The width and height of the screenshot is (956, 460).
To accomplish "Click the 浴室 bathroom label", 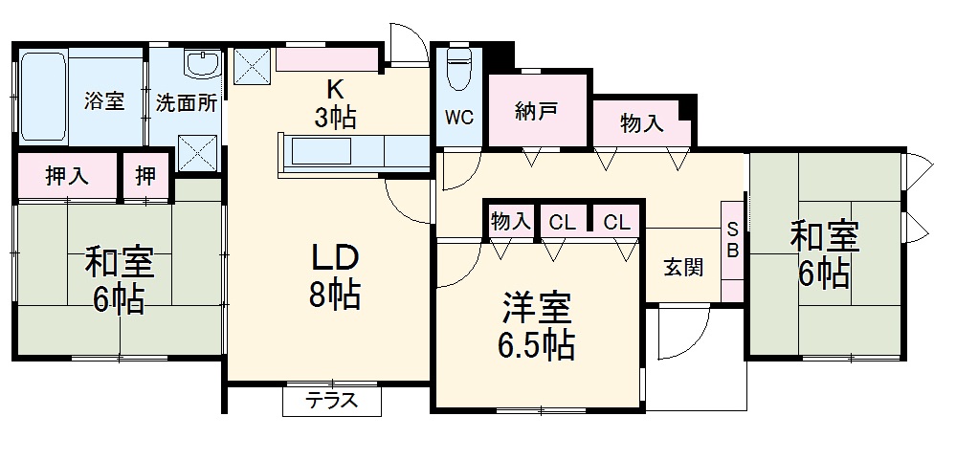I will [x=104, y=100].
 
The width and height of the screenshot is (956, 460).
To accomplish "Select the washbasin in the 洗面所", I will [x=202, y=65].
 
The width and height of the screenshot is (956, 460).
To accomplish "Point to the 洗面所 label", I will [x=187, y=101].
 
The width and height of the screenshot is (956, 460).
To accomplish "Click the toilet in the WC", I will [x=458, y=67].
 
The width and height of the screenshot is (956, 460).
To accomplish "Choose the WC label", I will [x=458, y=120].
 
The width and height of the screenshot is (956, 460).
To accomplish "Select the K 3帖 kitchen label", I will [x=335, y=104].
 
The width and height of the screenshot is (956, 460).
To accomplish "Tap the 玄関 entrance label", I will [x=683, y=267].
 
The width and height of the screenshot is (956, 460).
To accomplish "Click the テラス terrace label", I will [x=331, y=401].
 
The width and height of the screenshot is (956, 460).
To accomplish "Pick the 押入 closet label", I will [x=67, y=176].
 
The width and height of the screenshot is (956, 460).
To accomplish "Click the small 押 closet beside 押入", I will [x=145, y=176].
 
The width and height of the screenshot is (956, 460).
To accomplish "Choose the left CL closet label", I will [x=562, y=222].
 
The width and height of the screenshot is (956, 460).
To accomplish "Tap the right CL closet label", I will [x=616, y=222].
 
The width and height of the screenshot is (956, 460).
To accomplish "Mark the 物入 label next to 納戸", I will [x=642, y=123].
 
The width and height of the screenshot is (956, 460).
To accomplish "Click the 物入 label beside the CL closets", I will [x=510, y=222].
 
